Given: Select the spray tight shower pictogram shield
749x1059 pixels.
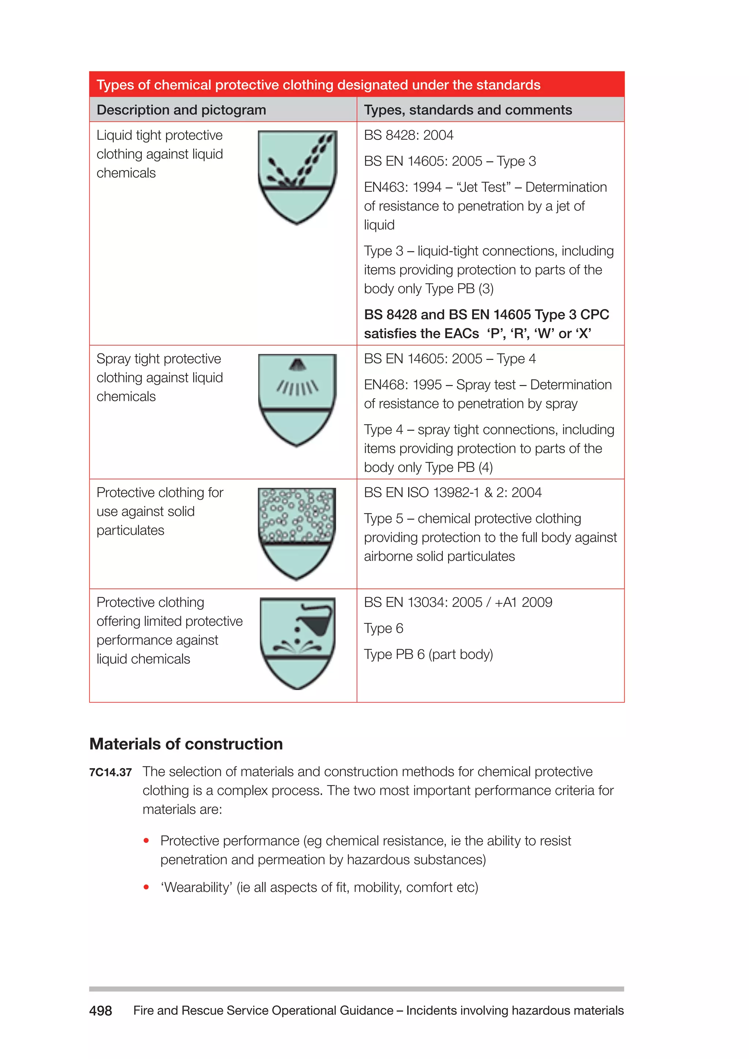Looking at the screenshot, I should [x=297, y=399].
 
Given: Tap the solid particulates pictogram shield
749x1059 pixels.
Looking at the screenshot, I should [x=297, y=534].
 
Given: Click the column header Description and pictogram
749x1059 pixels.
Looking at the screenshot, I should [x=181, y=110].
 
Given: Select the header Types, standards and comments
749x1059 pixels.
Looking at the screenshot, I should [x=468, y=110].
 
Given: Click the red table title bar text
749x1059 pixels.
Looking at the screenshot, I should [x=318, y=85].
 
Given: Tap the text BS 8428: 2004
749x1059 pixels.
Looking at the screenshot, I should [x=409, y=135].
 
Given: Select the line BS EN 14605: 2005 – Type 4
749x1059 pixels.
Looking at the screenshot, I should [x=450, y=359].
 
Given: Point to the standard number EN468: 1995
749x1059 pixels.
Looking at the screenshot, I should [x=403, y=385].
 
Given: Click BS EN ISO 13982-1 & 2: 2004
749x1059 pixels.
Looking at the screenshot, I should [x=452, y=493].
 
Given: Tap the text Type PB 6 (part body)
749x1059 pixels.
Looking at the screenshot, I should [x=429, y=655].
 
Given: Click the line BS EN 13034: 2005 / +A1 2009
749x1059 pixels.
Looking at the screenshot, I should [x=458, y=602].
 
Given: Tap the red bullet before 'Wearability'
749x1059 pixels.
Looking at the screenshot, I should [x=146, y=887].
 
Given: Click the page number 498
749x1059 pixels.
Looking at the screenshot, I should [x=101, y=1011].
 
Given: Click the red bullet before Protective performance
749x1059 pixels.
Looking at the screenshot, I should [x=146, y=840].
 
